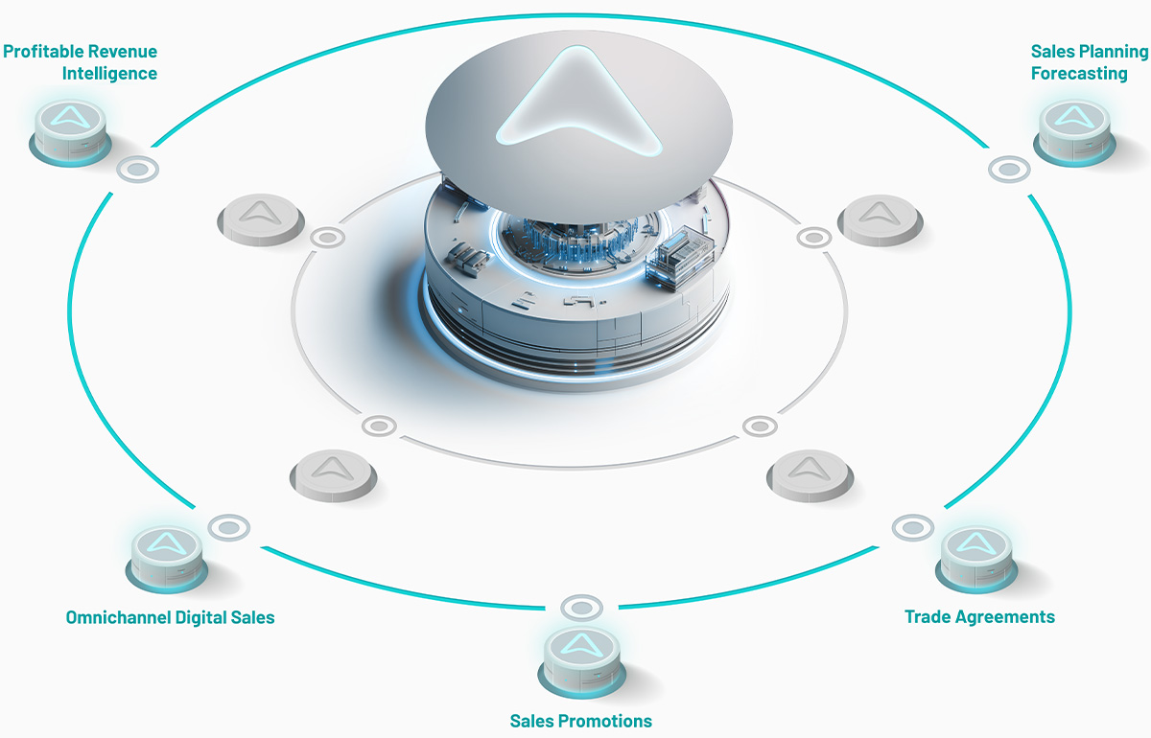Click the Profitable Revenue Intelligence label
(81, 62)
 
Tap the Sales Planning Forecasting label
(1090, 62)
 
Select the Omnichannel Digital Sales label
(170, 617)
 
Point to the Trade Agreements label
(979, 617)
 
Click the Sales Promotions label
(580, 721)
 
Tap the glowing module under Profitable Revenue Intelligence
(70, 132)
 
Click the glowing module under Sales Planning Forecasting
(1074, 132)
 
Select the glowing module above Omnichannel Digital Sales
(167, 560)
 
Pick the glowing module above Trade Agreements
(976, 560)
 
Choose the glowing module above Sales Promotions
(581, 663)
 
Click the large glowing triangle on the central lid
(578, 103)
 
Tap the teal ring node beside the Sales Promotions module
(581, 608)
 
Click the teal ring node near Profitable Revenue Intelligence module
(138, 169)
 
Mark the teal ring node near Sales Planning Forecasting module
(1009, 169)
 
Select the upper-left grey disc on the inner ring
(261, 219)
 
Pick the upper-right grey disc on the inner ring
(881, 220)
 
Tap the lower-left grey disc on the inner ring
(333, 475)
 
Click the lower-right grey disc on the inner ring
(810, 475)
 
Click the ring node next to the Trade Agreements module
(912, 527)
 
